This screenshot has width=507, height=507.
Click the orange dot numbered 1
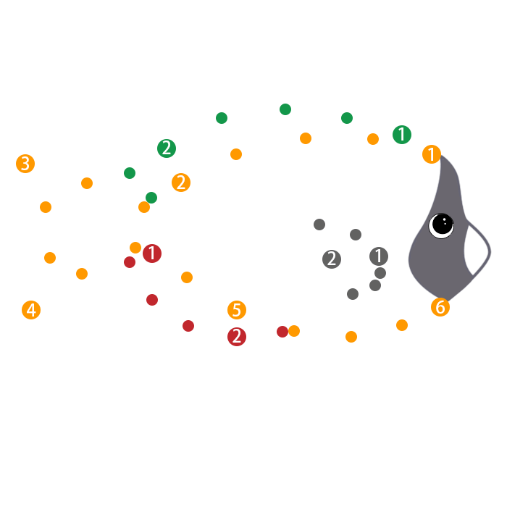[432, 154]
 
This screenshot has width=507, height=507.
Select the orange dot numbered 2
[181, 183]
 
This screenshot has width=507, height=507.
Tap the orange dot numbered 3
[25, 164]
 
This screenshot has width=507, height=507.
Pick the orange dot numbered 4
[31, 310]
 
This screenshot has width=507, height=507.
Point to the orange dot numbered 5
[237, 310]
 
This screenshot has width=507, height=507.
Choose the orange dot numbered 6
[440, 307]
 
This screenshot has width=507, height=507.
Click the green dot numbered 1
[402, 135]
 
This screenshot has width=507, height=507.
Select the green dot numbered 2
[167, 148]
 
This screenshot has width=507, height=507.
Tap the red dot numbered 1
[152, 253]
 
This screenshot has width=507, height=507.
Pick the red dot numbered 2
[237, 337]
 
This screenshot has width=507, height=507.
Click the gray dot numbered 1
[379, 256]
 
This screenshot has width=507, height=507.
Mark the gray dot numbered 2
[332, 259]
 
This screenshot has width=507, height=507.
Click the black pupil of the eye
[443, 225]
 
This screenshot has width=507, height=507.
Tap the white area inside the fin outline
[477, 250]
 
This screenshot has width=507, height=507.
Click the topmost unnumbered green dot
[285, 109]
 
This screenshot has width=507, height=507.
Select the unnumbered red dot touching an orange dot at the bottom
[282, 332]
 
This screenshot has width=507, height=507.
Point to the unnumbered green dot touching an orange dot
[151, 198]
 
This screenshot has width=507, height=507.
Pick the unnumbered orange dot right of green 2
[236, 154]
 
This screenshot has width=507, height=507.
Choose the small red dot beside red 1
[130, 262]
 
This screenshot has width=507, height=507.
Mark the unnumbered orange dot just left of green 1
[373, 139]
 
